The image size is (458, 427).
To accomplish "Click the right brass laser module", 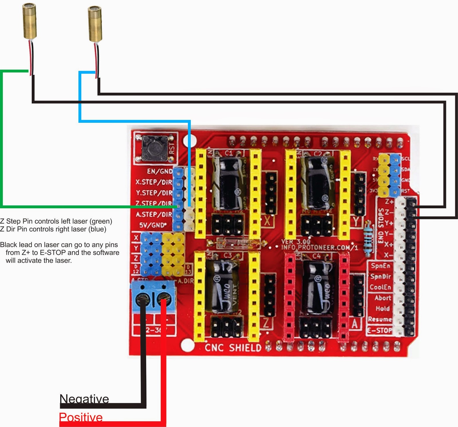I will [95, 24].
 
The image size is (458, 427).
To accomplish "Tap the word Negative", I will [84, 399].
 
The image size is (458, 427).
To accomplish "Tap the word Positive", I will [81, 417].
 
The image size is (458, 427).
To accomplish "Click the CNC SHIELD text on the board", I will [233, 347].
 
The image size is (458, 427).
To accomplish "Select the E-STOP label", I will [380, 331].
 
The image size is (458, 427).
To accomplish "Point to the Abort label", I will [383, 298].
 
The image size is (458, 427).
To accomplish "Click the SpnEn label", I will [380, 266].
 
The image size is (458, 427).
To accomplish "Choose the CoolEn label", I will [380, 287].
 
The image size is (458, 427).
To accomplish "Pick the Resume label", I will [380, 319].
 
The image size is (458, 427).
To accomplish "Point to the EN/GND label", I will [159, 171].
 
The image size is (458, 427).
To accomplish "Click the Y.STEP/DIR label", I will [154, 193].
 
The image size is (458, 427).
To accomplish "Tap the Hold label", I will [382, 309].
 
